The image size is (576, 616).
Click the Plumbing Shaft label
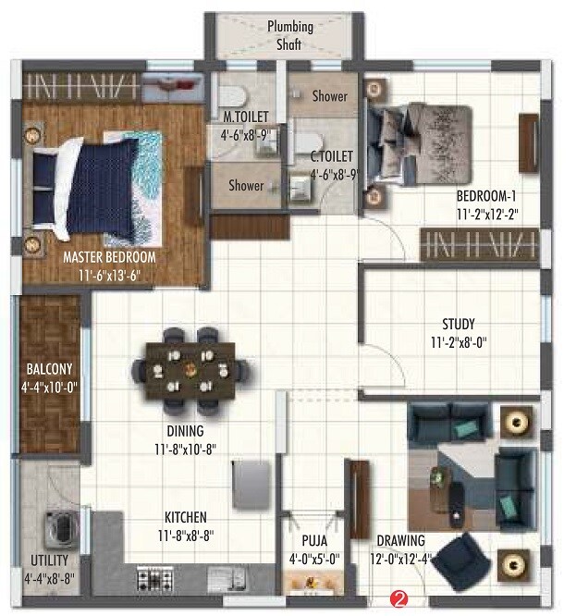click(289, 34)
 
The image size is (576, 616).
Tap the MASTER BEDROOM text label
click(109, 257)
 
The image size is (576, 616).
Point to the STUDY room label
click(459, 324)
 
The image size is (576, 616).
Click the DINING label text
click(185, 431)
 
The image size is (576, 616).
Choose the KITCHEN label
click(185, 517)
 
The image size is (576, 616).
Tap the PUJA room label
click(314, 541)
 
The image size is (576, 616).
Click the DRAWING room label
click(400, 541)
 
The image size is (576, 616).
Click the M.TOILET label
click(245, 117)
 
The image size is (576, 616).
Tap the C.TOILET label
click(328, 156)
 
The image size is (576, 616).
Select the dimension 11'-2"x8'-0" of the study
click(459, 341)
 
